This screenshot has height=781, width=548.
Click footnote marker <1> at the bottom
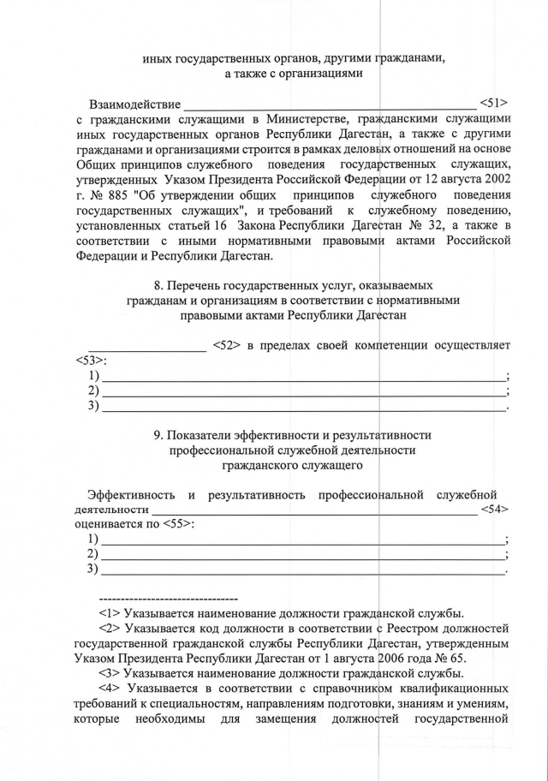click(x=110, y=613)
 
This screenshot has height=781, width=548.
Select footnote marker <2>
click(x=110, y=629)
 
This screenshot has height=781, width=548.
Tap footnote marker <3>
click(x=110, y=675)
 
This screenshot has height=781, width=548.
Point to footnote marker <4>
click(x=110, y=690)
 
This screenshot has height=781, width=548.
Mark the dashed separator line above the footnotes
click(x=168, y=597)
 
